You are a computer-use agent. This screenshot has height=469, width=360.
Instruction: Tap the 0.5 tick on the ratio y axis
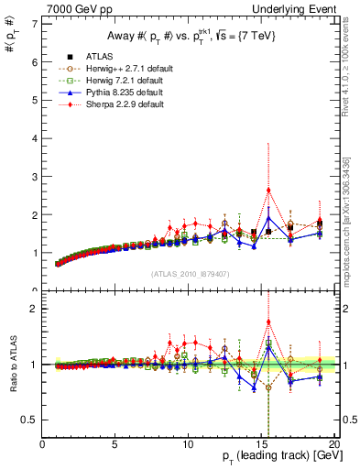30,420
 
